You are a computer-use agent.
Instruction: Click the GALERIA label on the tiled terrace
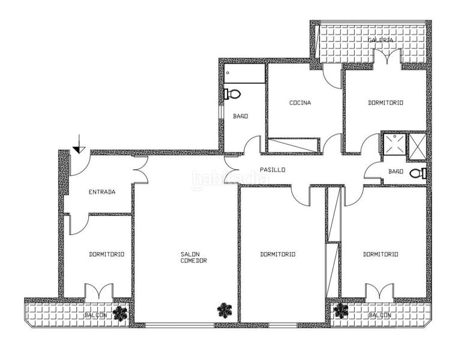(381, 40)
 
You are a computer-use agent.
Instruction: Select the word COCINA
(300, 103)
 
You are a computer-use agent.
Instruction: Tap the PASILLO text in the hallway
(273, 170)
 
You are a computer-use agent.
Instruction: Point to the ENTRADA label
(102, 192)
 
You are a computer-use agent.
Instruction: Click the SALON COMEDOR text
(194, 257)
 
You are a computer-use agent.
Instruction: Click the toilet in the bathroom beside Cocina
(232, 94)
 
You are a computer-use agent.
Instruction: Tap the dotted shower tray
(394, 146)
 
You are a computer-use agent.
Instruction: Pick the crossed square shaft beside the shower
(417, 147)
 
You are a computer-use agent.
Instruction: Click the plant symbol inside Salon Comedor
(224, 310)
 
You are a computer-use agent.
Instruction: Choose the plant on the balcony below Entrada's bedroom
(121, 313)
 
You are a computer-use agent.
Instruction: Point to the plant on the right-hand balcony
(341, 310)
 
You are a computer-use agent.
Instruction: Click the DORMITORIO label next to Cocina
(385, 103)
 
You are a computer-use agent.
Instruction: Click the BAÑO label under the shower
(396, 172)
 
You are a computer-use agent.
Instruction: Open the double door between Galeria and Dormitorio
(387, 58)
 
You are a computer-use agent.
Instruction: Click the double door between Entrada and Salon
(140, 170)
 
